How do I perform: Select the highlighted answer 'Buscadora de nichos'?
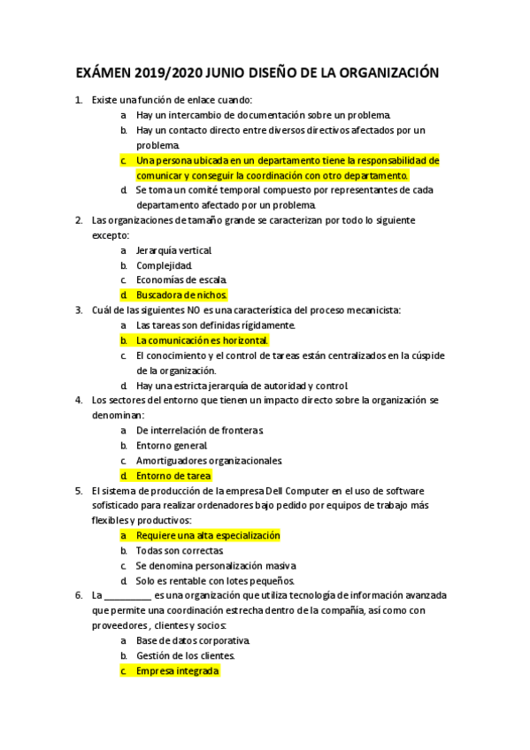click(181, 295)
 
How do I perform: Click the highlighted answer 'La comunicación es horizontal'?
click(202, 340)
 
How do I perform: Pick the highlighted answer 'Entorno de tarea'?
click(173, 475)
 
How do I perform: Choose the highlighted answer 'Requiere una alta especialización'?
click(208, 535)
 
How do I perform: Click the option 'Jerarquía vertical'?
click(174, 249)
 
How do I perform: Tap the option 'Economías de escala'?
click(181, 279)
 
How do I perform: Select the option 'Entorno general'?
click(172, 445)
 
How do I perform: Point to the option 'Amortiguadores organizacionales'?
click(209, 460)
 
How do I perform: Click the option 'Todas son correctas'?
click(180, 550)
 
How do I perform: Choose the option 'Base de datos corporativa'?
click(193, 640)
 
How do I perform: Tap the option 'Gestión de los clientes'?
click(186, 655)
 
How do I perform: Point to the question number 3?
click(79, 310)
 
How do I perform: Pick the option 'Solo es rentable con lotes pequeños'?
click(215, 580)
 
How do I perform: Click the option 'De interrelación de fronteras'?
click(200, 430)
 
